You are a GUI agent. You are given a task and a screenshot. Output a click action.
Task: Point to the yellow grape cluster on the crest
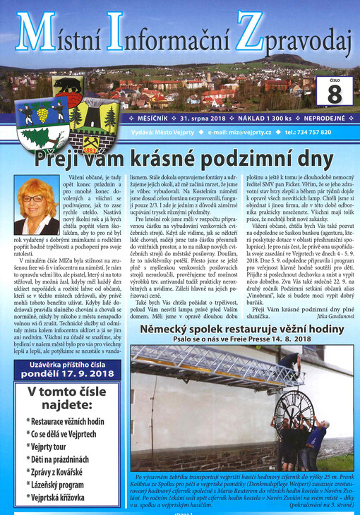pos(44,114)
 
